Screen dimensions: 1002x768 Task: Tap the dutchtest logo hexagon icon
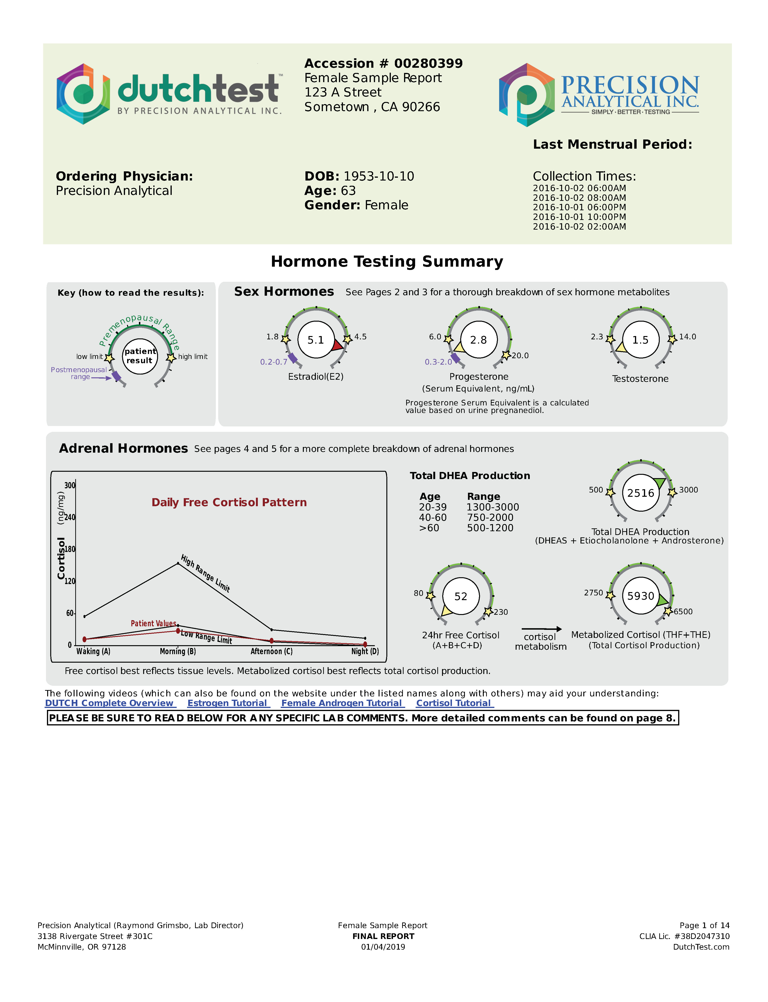click(x=83, y=94)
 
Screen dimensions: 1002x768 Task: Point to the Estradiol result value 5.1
click(x=315, y=340)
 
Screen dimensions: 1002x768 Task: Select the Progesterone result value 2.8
click(x=478, y=340)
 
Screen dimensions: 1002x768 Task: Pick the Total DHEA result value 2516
click(x=640, y=493)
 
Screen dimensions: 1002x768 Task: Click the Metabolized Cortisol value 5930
click(x=640, y=596)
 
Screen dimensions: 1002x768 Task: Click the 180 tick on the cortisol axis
click(x=70, y=549)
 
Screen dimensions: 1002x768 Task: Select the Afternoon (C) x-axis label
click(x=271, y=651)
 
